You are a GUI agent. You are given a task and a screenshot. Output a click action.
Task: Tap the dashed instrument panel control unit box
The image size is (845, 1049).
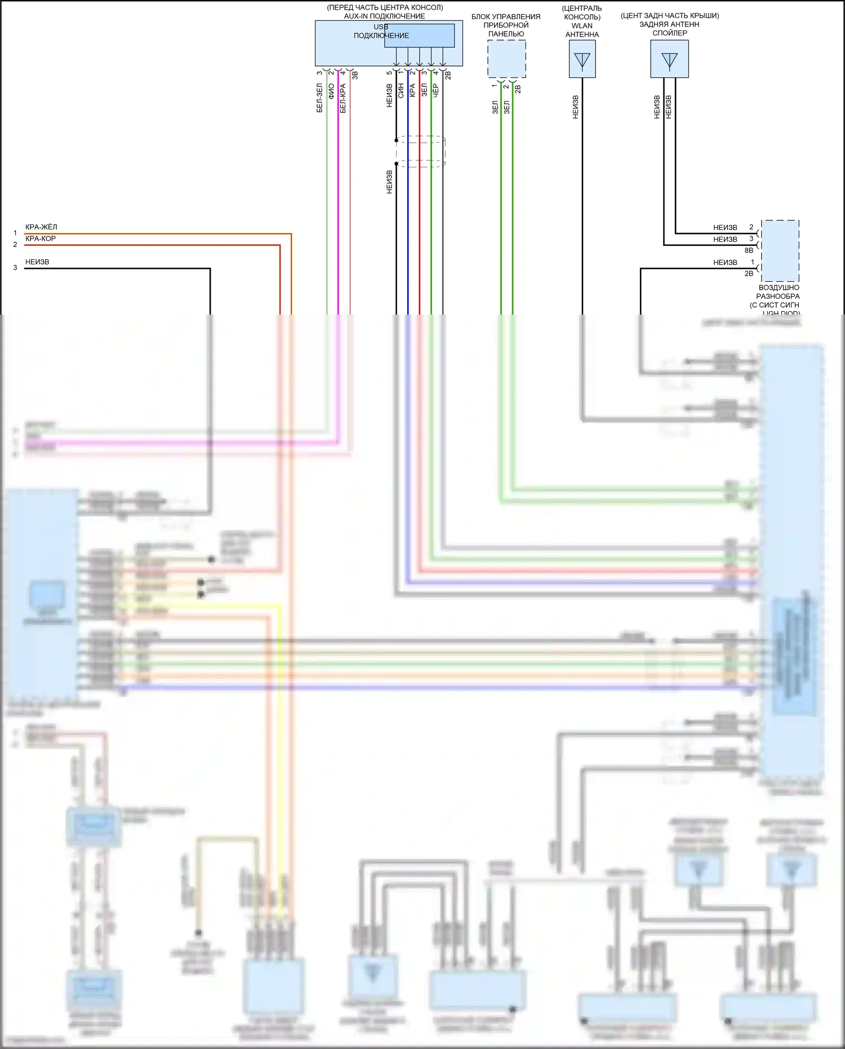pyautogui.click(x=506, y=59)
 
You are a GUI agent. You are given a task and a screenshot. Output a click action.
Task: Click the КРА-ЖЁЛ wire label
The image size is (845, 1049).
pyautogui.click(x=41, y=227)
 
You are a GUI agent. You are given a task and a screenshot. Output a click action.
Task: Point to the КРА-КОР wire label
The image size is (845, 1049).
pyautogui.click(x=41, y=238)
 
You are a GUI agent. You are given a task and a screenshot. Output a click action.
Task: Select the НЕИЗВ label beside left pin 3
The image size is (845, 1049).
pyautogui.click(x=37, y=262)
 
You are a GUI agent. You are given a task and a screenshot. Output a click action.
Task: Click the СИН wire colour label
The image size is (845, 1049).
pyautogui.click(x=401, y=91)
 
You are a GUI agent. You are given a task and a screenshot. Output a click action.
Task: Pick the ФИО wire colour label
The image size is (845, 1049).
pyautogui.click(x=331, y=91)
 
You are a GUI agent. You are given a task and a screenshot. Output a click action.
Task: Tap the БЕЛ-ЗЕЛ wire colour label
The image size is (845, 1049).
pyautogui.click(x=319, y=98)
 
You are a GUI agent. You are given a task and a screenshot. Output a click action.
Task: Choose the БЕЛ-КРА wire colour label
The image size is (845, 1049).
pyautogui.click(x=343, y=98)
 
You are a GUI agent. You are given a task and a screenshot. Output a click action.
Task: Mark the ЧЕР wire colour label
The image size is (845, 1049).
pyautogui.click(x=435, y=91)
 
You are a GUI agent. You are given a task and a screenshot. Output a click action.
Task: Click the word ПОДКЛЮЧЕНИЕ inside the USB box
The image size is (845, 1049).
pyautogui.click(x=381, y=36)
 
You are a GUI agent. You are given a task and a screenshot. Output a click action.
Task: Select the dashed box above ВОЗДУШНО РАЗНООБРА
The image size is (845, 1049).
pyautogui.click(x=780, y=251)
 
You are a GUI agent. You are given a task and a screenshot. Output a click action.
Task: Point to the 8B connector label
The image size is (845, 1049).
pyautogui.click(x=749, y=250)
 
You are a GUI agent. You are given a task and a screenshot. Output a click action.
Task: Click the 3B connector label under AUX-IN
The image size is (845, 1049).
pyautogui.click(x=355, y=74)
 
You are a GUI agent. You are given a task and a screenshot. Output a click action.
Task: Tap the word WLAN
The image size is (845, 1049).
pyautogui.click(x=582, y=25)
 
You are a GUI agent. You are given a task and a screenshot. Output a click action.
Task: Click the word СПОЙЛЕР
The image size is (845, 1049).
pyautogui.click(x=670, y=33)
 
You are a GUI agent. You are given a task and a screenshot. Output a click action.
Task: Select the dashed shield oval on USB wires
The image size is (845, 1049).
pyautogui.click(x=420, y=152)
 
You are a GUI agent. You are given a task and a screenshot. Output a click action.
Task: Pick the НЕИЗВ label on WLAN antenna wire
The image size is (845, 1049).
pyautogui.click(x=576, y=107)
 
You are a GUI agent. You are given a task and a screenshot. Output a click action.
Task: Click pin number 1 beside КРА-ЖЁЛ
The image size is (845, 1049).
pyautogui.click(x=15, y=233)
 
